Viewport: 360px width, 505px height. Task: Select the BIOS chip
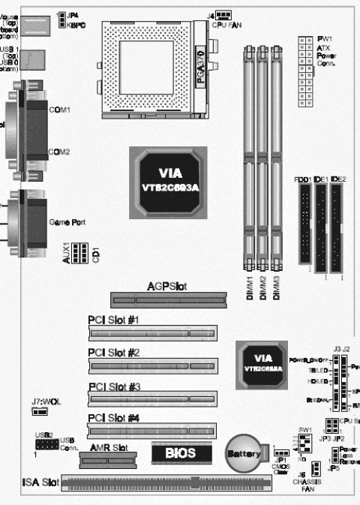pyautogui.click(x=180, y=454)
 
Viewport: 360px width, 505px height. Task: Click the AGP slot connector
pyautogui.click(x=169, y=299)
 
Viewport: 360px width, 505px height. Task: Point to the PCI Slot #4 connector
pyautogui.click(x=151, y=430)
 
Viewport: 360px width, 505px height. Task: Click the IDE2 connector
pyautogui.click(x=338, y=228)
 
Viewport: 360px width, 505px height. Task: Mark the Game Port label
pyautogui.click(x=67, y=223)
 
